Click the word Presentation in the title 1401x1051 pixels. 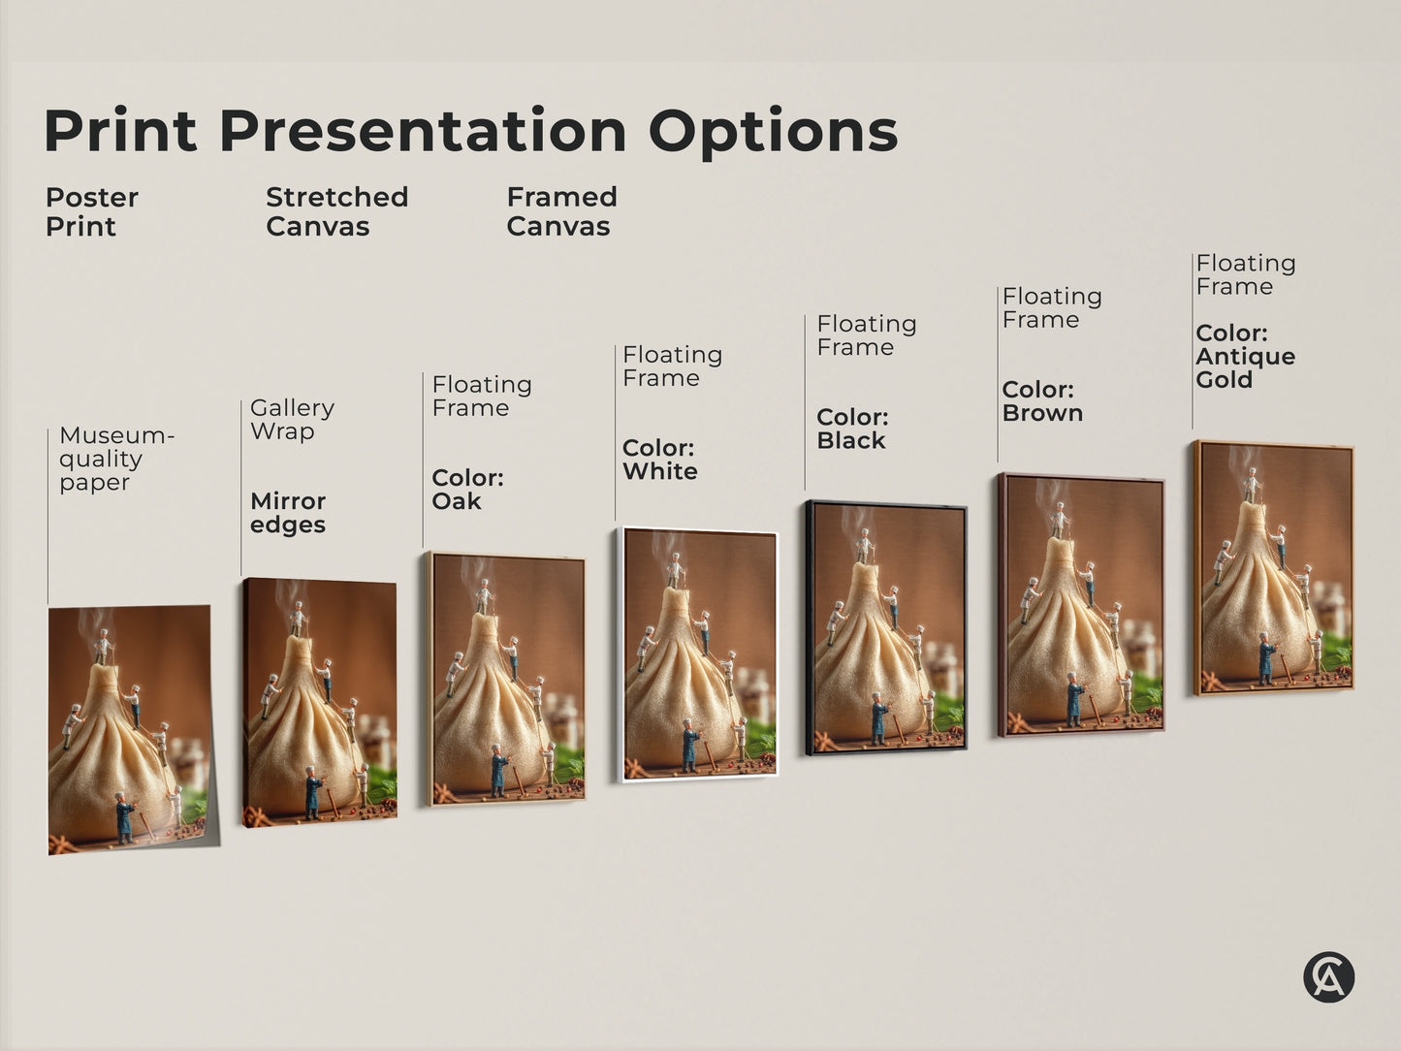[423, 131]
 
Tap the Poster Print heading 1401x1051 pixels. [91, 211]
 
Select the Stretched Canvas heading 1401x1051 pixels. [336, 211]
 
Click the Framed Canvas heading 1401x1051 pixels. [561, 211]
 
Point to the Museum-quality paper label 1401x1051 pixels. [115, 459]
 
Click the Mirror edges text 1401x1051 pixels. [288, 513]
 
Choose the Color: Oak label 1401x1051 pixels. [467, 490]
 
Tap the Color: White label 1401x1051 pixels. [659, 460]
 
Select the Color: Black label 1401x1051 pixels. [852, 429]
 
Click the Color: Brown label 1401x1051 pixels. [1042, 401]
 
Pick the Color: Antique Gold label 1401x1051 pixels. [1245, 356]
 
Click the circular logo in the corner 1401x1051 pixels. [1328, 976]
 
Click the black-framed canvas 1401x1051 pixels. [885, 627]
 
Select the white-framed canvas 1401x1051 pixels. [698, 654]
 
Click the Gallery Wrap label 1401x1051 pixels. [292, 419]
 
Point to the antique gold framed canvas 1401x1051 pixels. [1274, 567]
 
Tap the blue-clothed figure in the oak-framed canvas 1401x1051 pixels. [498, 771]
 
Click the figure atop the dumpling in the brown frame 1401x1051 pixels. [1060, 520]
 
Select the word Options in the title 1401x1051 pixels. [773, 131]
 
